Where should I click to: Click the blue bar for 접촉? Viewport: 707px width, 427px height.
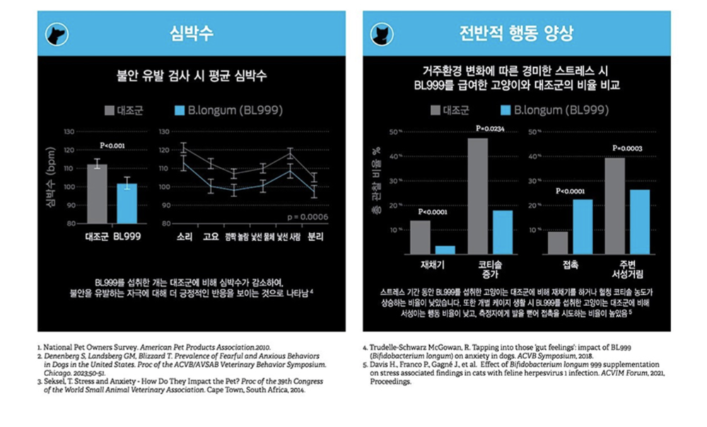[x=583, y=226]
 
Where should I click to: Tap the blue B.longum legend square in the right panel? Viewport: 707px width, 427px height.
[x=505, y=110]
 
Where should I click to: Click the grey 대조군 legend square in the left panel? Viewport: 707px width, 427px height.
[x=110, y=110]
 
